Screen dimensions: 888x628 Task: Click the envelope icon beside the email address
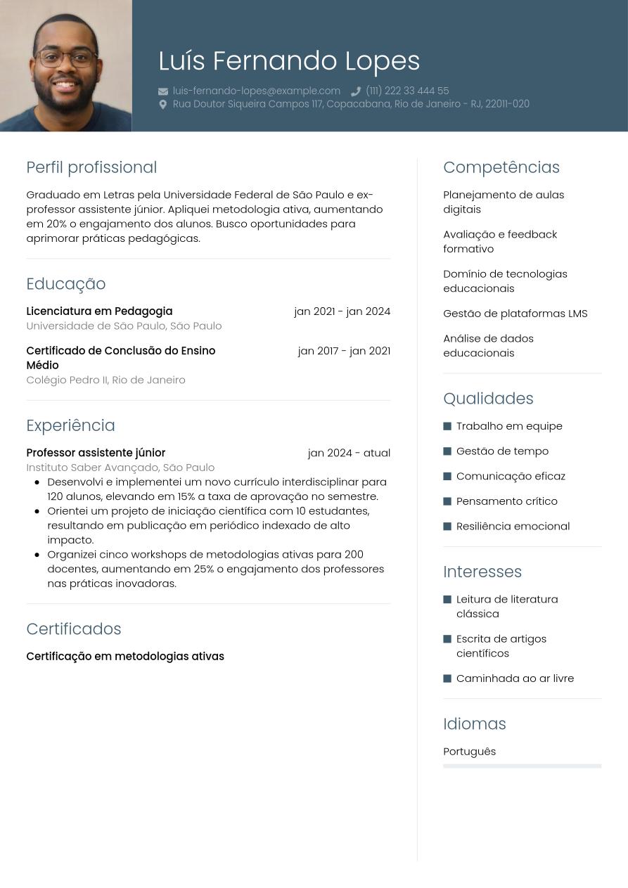163,91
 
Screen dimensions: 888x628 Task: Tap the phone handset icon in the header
356,91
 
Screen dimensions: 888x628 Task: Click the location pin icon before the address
163,104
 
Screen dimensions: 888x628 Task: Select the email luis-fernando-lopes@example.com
257,91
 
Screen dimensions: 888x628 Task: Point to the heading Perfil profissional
91,167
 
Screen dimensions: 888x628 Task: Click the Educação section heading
66,284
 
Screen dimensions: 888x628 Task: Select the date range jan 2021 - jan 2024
342,311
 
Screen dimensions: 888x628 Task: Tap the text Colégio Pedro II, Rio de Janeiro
105,380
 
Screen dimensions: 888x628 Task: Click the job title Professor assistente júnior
96,453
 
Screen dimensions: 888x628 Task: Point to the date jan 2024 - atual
349,453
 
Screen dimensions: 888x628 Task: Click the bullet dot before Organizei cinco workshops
37,555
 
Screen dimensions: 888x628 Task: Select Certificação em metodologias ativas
125,657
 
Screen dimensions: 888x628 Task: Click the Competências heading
501,167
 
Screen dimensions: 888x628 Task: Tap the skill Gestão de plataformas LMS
515,314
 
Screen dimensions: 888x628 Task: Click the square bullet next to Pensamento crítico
447,501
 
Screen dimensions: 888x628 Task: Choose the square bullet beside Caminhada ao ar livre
447,678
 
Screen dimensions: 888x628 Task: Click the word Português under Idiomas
469,752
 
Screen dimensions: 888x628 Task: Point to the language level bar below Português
522,766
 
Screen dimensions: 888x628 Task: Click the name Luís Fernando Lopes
289,61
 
